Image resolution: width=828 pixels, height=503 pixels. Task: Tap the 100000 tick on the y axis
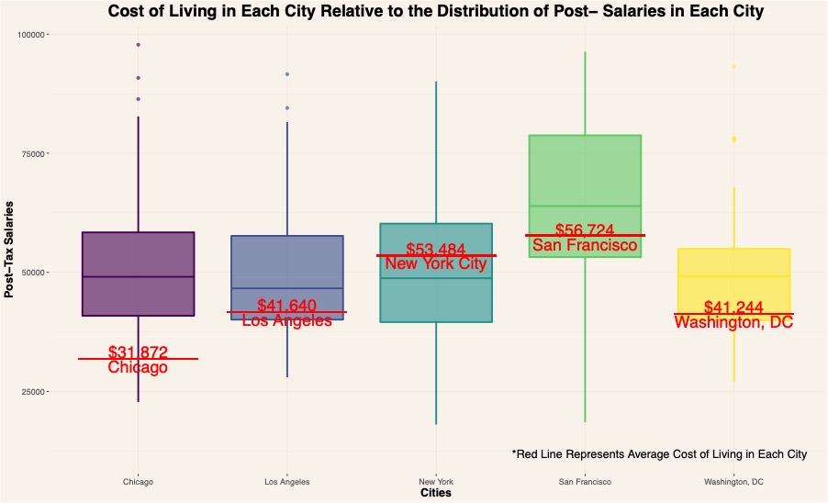(34, 34)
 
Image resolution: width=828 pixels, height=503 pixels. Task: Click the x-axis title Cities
(435, 493)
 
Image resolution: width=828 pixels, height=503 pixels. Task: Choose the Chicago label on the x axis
(138, 481)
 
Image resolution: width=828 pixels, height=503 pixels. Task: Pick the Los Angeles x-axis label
(287, 481)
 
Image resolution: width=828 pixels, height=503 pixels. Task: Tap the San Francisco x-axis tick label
(585, 481)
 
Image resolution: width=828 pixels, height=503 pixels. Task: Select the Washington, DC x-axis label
(733, 481)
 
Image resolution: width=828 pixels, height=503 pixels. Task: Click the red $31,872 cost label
(138, 352)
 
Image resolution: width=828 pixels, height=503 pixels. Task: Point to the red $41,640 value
(287, 305)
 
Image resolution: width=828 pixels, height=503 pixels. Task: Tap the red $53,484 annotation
(436, 249)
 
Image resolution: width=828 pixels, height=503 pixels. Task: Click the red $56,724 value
(585, 229)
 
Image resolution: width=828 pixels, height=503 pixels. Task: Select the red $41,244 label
(733, 307)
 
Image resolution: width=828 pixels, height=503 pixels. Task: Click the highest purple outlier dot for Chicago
(138, 44)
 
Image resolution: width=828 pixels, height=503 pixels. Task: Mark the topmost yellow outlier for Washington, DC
(733, 66)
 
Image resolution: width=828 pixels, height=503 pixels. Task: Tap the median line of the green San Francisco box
(585, 206)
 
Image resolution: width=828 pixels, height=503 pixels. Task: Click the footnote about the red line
(659, 454)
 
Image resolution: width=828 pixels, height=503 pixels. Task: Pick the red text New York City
(436, 264)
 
